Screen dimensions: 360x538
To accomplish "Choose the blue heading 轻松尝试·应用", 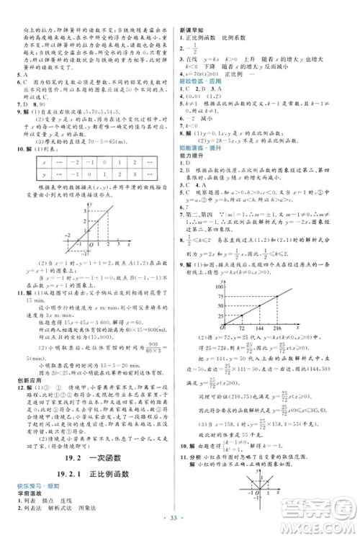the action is [x=202, y=83].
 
